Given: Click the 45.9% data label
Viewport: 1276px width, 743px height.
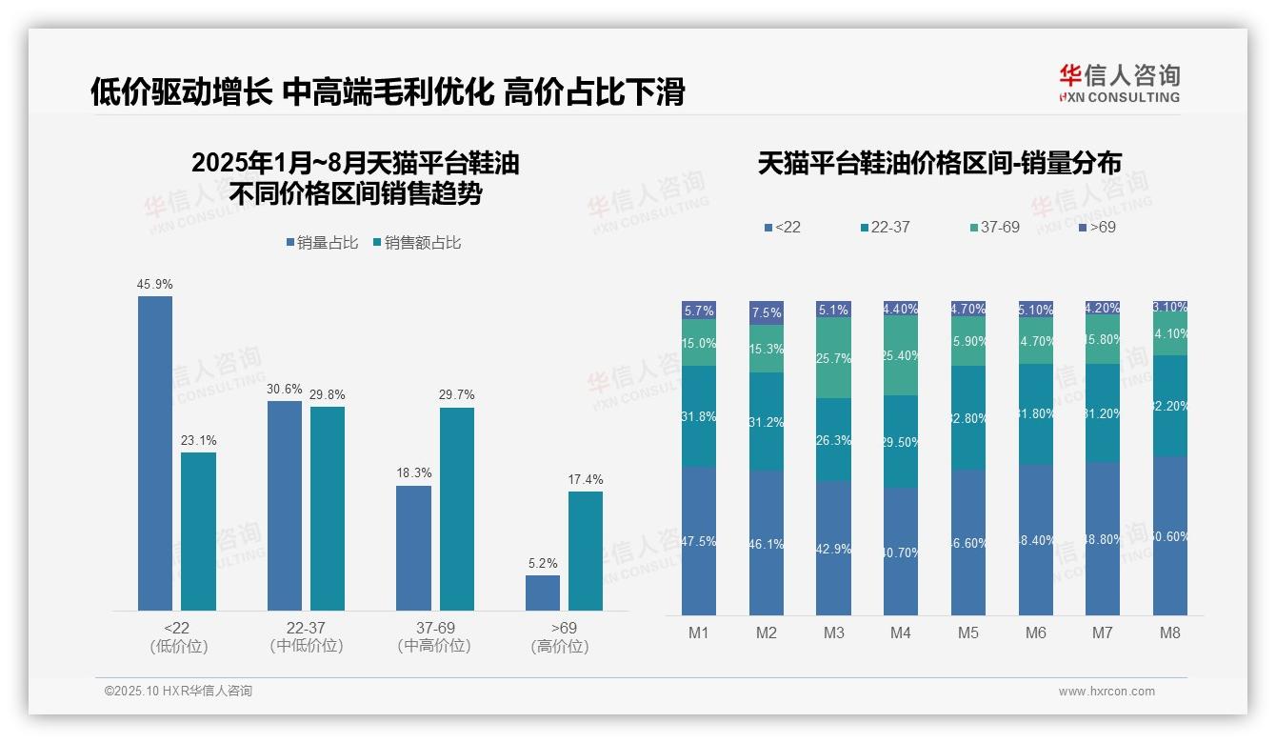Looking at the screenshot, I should (x=155, y=284).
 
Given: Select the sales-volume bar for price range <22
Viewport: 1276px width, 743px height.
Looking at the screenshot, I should (x=155, y=452).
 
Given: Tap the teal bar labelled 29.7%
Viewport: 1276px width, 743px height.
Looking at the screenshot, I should (x=456, y=509).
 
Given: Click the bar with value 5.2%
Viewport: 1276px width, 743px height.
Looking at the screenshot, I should (x=543, y=592).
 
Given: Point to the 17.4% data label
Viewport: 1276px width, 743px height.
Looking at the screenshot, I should (x=586, y=479).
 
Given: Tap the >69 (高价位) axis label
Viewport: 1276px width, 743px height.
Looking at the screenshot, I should (x=564, y=636).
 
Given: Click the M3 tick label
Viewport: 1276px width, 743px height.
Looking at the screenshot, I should (x=833, y=633).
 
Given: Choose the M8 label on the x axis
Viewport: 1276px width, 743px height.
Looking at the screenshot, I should (x=1170, y=633).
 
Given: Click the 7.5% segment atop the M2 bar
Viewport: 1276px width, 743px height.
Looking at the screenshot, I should (x=767, y=312).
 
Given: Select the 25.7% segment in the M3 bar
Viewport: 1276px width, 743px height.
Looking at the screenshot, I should (x=833, y=357).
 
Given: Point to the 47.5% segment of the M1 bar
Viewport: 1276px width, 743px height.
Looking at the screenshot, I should (x=699, y=540).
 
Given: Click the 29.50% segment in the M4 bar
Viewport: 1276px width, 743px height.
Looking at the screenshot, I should (x=901, y=441).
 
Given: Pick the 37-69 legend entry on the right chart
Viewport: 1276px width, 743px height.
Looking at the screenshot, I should (x=994, y=228).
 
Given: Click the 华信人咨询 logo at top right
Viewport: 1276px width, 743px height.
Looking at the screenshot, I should (x=1119, y=83).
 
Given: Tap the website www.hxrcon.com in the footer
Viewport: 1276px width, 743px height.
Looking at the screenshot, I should (x=1107, y=692).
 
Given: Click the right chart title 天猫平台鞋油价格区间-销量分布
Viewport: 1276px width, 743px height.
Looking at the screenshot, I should (x=939, y=163).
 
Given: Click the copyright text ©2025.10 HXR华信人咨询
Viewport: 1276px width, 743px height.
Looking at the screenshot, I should (x=178, y=692).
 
